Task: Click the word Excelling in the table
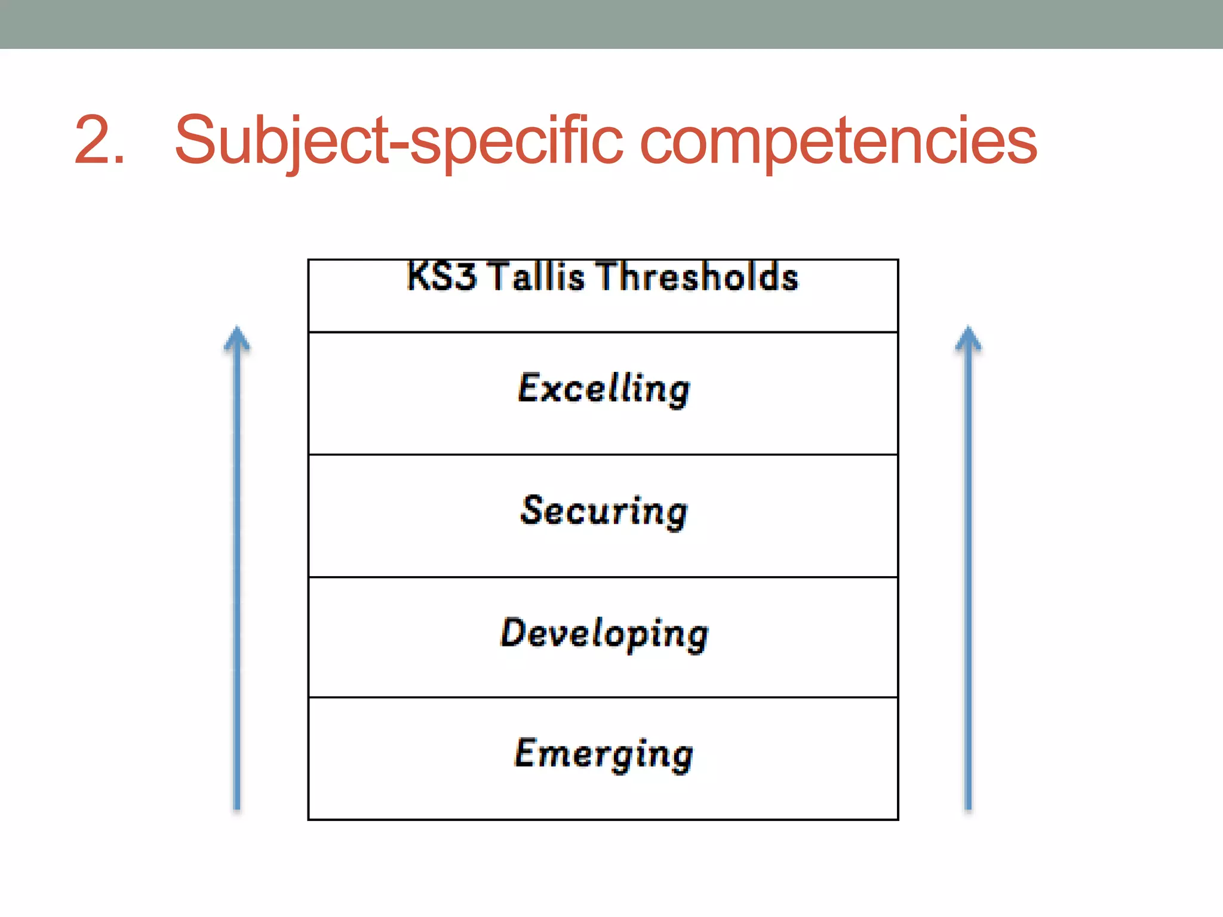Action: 604,389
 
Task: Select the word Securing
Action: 604,511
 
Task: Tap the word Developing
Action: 604,633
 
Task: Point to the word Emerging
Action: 604,754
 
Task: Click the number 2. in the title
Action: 99,140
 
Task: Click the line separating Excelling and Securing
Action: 603,454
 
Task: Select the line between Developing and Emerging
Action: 603,697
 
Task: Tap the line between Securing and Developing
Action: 603,577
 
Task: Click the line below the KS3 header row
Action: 603,332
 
